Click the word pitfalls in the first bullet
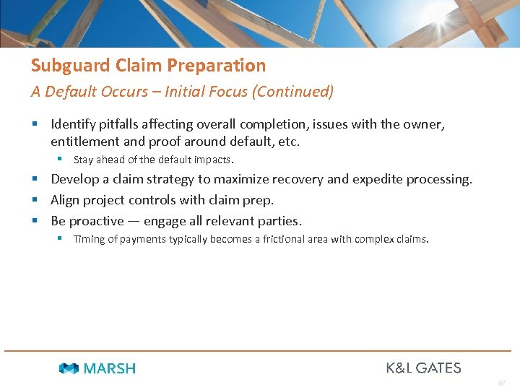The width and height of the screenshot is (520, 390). pyautogui.click(x=120, y=124)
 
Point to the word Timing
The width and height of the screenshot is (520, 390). pyautogui.click(x=90, y=239)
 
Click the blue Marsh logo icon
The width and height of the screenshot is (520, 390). pyautogui.click(x=69, y=368)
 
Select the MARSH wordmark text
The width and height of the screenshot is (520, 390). pyautogui.click(x=109, y=368)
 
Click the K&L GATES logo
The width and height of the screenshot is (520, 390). pyautogui.click(x=423, y=368)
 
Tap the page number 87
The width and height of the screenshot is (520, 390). pyautogui.click(x=501, y=382)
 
